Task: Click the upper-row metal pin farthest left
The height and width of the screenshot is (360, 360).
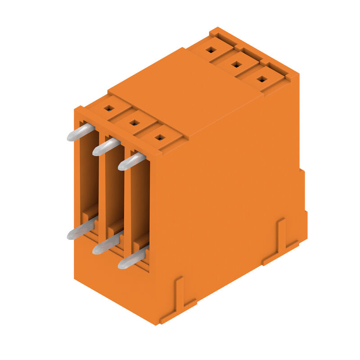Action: pos(81,133)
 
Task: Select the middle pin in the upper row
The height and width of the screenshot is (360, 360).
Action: pos(106,147)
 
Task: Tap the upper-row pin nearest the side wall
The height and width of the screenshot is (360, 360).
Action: pos(131,162)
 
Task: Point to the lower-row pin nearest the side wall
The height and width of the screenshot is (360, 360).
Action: pos(132,260)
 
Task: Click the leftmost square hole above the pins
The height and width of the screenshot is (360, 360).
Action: pos(109,108)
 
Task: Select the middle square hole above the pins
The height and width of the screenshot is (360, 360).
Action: pos(134,122)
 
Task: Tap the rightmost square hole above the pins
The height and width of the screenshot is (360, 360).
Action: pos(159,137)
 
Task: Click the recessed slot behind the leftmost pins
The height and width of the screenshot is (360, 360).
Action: pos(89,180)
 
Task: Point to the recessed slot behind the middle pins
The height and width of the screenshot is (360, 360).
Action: pos(114,193)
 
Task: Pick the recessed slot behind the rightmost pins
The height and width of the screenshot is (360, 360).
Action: pos(139,207)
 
